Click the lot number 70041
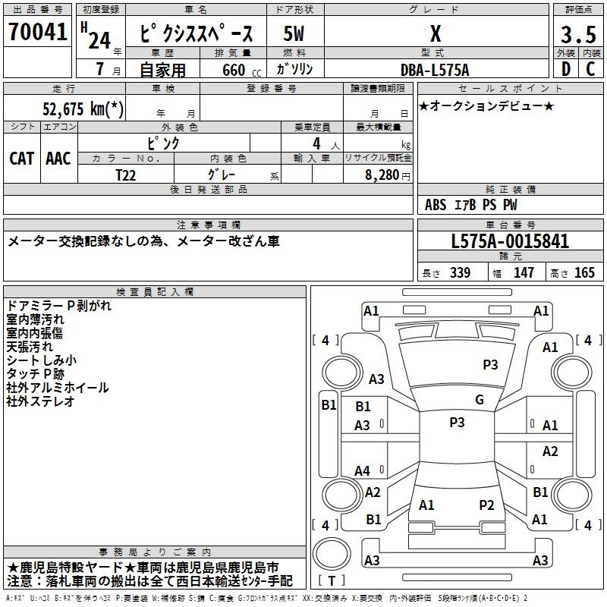click(x=37, y=31)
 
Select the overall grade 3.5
click(x=578, y=34)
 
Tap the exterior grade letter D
click(x=565, y=69)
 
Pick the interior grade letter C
click(x=590, y=69)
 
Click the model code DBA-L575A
click(x=435, y=70)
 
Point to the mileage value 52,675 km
click(x=83, y=109)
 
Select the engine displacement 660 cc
click(x=241, y=71)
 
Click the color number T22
click(x=125, y=175)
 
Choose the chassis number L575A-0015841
click(x=510, y=241)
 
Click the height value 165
click(x=584, y=272)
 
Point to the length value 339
click(x=460, y=272)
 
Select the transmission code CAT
click(x=22, y=159)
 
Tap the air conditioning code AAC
click(x=58, y=159)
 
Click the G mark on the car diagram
click(x=480, y=400)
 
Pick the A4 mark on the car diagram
click(x=362, y=471)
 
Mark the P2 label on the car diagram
click(x=486, y=505)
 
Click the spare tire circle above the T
click(x=332, y=554)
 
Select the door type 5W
click(x=294, y=33)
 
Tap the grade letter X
click(x=436, y=33)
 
